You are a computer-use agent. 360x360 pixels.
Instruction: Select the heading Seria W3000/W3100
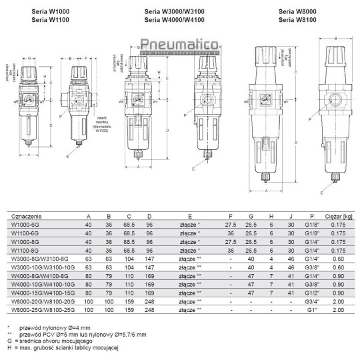(x=175, y=12)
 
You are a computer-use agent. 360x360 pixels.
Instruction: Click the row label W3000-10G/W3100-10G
(x=39, y=265)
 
